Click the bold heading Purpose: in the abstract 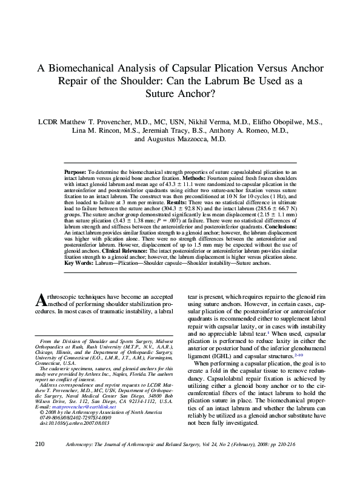[76, 173]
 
